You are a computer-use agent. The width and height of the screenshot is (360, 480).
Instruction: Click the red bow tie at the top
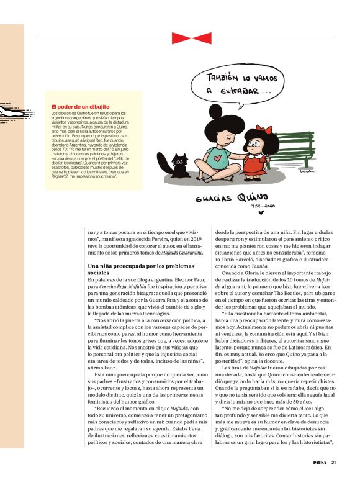[183, 38]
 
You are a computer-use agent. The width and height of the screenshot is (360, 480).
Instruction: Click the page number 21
[334, 462]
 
